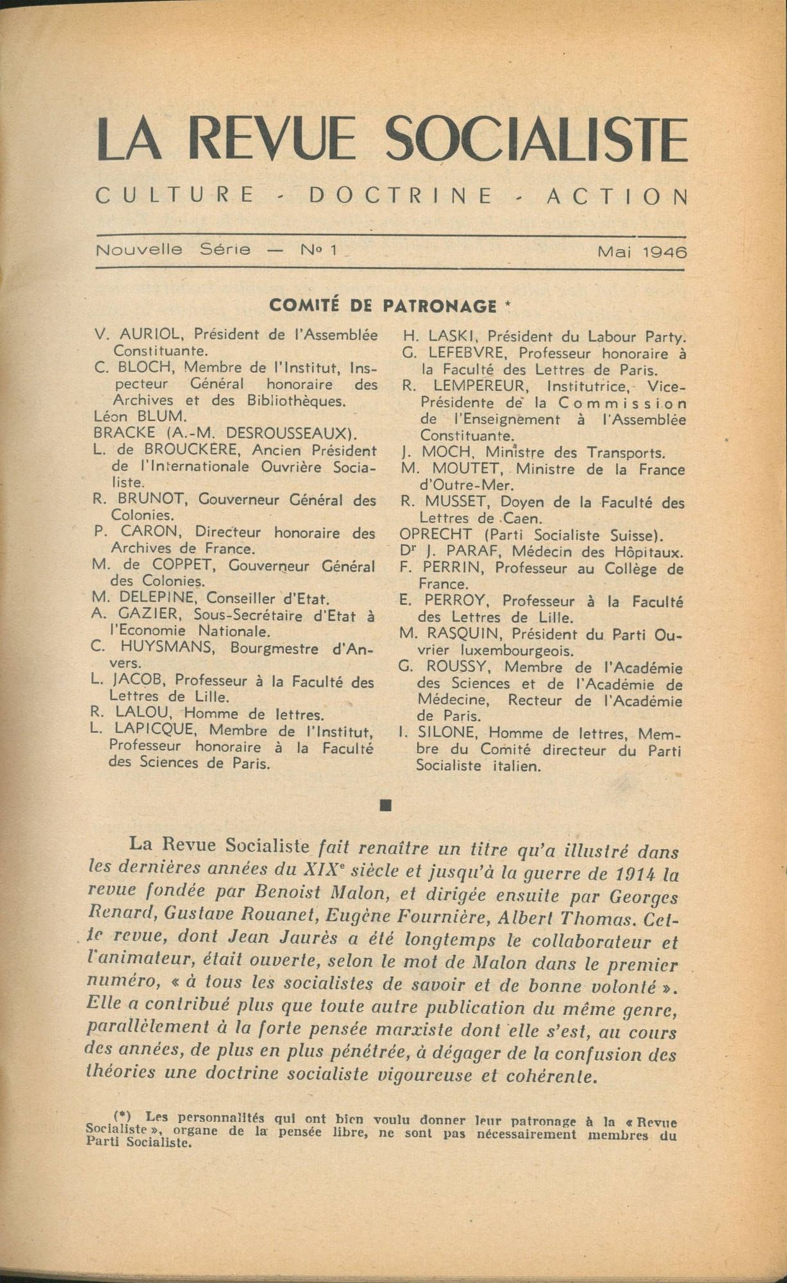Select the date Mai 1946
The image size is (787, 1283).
point(641,252)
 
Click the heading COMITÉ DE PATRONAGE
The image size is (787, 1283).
point(383,305)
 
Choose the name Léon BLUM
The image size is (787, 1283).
point(130,416)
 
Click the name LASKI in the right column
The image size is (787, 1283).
point(449,336)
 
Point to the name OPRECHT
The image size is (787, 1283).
point(437,534)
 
